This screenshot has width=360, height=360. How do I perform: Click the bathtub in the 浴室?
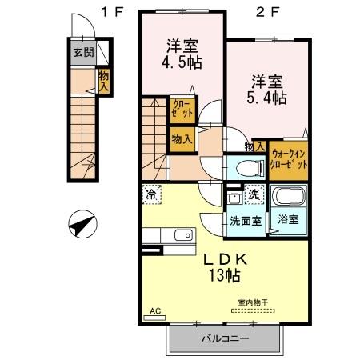pos(286,197)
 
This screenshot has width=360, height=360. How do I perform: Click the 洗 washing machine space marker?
pos(254,194)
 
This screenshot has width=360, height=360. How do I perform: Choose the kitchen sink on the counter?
pos(181,235)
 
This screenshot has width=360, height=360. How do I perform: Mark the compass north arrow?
pos(82,225)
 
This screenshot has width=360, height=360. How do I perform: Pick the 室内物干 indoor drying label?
pos(250,302)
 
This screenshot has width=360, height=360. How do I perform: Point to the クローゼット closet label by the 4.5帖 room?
pos(181,109)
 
